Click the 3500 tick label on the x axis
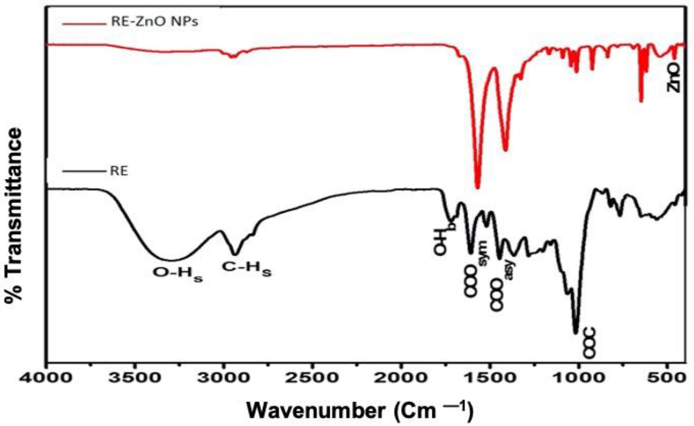(135, 378)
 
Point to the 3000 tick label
(224, 378)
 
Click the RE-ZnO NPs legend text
(154, 22)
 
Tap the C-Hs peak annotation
(246, 269)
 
